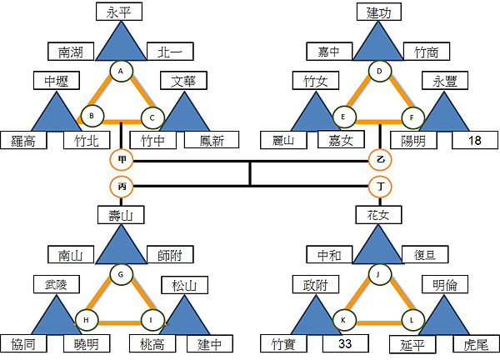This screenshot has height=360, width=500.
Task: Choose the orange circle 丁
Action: point(380,187)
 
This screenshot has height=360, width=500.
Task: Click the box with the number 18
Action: point(475,140)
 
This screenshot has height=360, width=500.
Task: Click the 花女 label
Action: point(379,215)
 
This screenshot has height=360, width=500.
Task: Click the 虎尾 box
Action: point(476,342)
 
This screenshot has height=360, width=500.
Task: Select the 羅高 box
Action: point(23,140)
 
